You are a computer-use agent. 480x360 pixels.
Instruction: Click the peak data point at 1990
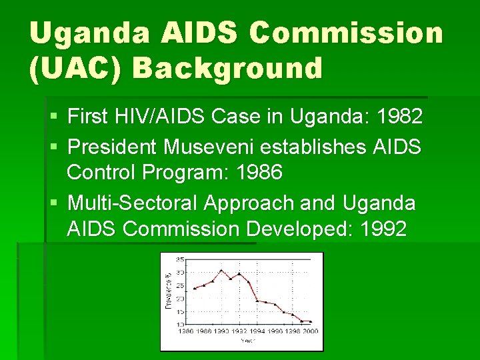pos(221,270)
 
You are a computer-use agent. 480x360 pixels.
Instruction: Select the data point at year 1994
pos(257,301)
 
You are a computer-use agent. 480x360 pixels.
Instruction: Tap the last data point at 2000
pos(310,321)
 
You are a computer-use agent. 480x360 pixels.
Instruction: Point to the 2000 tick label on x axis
pos(309,331)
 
